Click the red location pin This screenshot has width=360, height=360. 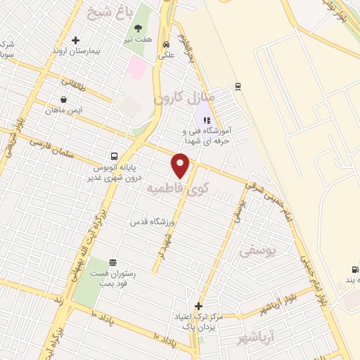pos(181,165)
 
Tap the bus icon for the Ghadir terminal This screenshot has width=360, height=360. pos(114,156)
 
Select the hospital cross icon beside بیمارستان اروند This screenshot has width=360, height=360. pos(75,40)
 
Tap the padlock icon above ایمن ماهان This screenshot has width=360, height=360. pos(64,99)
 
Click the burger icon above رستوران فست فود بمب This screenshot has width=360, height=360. pos(112,264)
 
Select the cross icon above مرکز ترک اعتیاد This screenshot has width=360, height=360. pos(199,306)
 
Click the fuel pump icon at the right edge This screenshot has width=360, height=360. pos(354,269)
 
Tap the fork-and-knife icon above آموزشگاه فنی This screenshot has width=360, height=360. pos(207,120)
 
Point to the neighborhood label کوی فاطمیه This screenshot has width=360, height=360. pos(178,188)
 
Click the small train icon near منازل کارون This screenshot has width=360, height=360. pos(238,86)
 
